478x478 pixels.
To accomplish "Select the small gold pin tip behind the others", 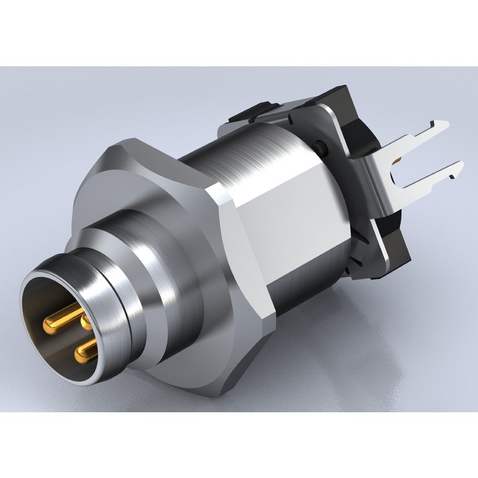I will [87, 324].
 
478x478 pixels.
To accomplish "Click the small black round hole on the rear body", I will [321, 145].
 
